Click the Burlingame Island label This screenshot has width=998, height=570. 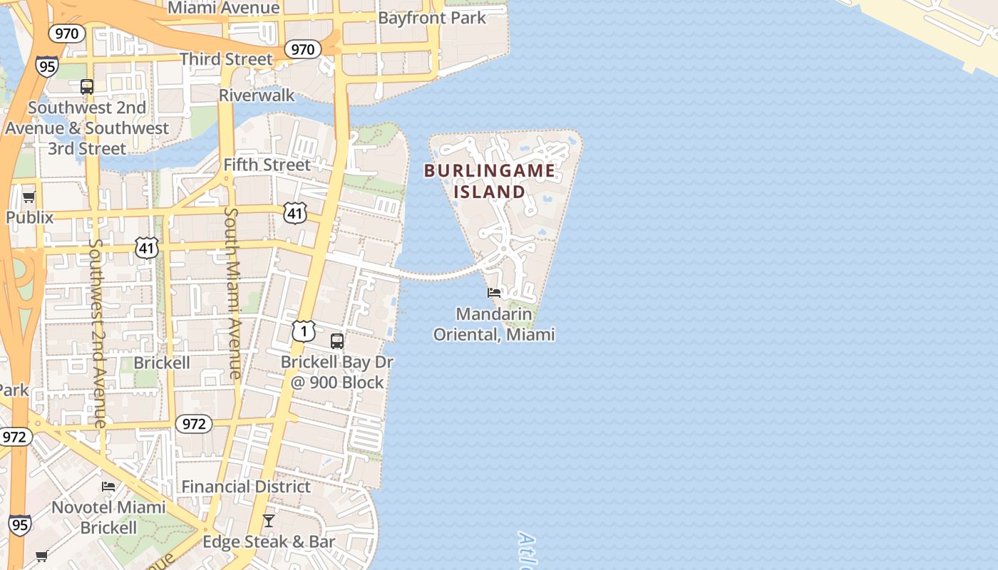[x=490, y=181]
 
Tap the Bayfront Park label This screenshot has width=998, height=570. [x=432, y=17]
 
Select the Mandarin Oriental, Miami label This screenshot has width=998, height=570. [x=494, y=324]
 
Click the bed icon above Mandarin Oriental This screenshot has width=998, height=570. [x=494, y=293]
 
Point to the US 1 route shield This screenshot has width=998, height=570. [x=303, y=331]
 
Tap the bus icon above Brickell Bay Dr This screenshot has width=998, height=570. [x=337, y=341]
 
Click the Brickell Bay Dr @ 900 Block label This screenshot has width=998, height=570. [x=337, y=372]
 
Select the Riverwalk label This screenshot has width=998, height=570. [x=257, y=95]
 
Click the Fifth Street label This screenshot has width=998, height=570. [x=267, y=165]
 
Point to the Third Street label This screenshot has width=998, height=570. [x=226, y=59]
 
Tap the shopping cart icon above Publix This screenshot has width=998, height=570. [x=29, y=197]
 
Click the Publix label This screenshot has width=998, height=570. [x=29, y=217]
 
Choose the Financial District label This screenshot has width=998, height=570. [x=246, y=487]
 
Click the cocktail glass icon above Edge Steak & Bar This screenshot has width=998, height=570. [x=269, y=521]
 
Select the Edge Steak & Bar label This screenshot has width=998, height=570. [x=269, y=542]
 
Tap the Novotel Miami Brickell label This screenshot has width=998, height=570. [x=108, y=518]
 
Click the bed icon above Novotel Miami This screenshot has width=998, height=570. [x=108, y=487]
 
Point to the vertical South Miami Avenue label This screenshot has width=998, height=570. [x=233, y=292]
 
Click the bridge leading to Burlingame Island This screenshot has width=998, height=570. [x=438, y=274]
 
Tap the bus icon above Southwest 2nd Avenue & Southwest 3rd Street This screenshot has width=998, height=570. [x=87, y=87]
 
